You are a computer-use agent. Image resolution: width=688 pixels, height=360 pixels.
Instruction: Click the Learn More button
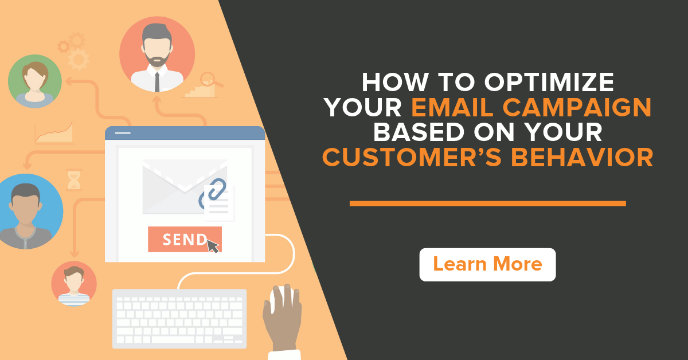pyautogui.click(x=487, y=264)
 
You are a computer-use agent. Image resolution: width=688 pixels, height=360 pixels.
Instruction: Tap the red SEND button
pyautogui.click(x=185, y=239)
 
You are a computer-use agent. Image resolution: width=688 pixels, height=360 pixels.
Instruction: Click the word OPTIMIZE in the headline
pyautogui.click(x=549, y=83)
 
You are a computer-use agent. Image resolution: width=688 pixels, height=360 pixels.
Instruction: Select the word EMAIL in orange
pyautogui.click(x=452, y=107)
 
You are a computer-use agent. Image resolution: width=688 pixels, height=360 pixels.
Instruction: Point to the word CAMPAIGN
pyautogui.click(x=577, y=107)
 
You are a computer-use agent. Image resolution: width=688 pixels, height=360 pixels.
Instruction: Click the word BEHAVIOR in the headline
pyautogui.click(x=583, y=157)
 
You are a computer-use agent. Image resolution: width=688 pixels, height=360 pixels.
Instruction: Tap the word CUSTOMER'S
pyautogui.click(x=412, y=157)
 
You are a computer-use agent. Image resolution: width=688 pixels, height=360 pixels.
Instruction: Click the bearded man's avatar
pyautogui.click(x=157, y=54)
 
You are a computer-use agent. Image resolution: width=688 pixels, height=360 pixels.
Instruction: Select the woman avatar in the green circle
pyautogui.click(x=35, y=81)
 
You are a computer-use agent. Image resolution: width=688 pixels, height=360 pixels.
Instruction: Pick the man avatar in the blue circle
pyautogui.click(x=26, y=212)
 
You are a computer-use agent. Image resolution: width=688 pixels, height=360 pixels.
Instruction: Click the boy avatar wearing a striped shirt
pyautogui.click(x=74, y=284)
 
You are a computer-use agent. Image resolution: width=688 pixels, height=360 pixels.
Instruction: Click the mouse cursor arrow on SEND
pyautogui.click(x=212, y=246)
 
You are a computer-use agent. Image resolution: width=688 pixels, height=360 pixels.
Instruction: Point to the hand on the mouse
pyautogui.click(x=282, y=319)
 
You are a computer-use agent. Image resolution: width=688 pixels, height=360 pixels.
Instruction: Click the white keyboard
pyautogui.click(x=179, y=319)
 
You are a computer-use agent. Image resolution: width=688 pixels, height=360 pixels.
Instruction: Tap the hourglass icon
pyautogui.click(x=74, y=180)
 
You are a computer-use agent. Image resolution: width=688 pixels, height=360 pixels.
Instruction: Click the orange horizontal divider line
pyautogui.click(x=488, y=204)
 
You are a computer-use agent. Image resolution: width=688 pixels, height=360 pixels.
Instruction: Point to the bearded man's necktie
pyautogui.click(x=157, y=82)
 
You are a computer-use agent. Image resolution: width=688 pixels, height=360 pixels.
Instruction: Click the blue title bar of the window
pyautogui.click(x=185, y=133)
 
